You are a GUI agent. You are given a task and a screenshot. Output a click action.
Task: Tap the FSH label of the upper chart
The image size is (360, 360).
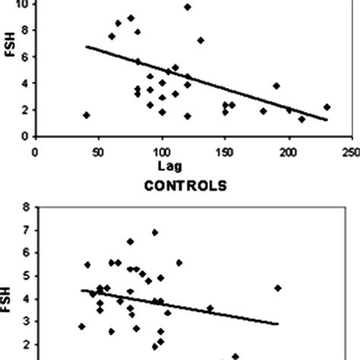point(9,68)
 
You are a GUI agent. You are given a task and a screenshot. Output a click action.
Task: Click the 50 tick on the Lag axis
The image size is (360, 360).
point(98,152)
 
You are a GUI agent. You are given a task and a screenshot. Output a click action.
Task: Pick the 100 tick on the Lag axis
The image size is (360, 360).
point(161,152)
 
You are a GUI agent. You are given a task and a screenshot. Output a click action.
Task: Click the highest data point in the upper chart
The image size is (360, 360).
point(188,7)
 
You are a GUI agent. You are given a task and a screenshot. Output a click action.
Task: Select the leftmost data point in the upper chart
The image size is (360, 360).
point(87,115)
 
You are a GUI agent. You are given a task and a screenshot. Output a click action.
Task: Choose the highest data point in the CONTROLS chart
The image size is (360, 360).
point(155,232)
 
